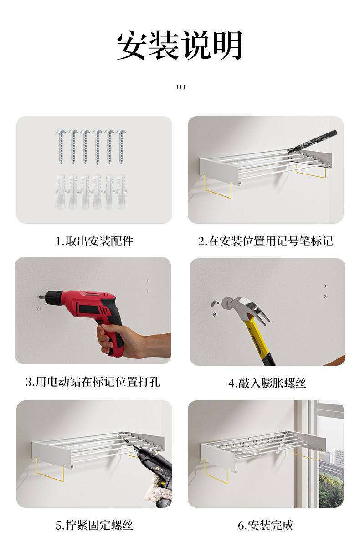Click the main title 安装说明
179,46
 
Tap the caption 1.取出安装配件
94,241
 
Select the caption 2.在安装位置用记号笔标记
265,241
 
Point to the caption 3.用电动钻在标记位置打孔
93,382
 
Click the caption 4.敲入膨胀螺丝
267,383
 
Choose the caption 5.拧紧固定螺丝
94,525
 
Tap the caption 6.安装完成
265,525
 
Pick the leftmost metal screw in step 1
61,147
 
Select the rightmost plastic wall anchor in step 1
121,192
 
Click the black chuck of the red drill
54,296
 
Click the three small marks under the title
181,87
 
